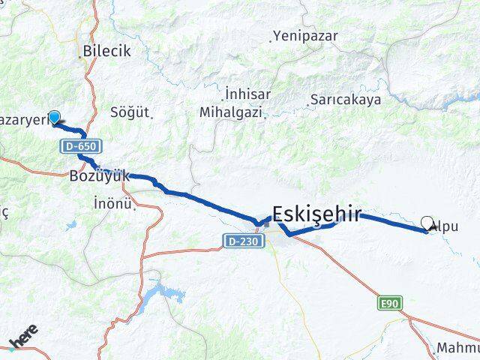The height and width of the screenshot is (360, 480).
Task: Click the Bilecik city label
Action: pyautogui.click(x=107, y=51)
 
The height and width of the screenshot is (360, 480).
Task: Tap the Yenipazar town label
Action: pyautogui.click(x=305, y=35)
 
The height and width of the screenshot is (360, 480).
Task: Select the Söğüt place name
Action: pyautogui.click(x=130, y=112)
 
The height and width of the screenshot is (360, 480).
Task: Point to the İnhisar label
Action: pyautogui.click(x=247, y=94)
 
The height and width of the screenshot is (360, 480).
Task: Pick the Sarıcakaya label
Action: pyautogui.click(x=346, y=99)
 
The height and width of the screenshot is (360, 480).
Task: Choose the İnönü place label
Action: pyautogui.click(x=114, y=202)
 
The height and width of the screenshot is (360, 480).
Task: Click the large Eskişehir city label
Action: pyautogui.click(x=317, y=214)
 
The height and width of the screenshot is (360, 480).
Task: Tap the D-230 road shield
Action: pyautogui.click(x=236, y=241)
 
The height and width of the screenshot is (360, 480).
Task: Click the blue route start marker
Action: pyautogui.click(x=54, y=117)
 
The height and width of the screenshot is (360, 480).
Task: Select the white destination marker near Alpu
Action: pyautogui.click(x=428, y=223)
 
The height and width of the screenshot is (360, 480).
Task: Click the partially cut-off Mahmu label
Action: pyautogui.click(x=457, y=349)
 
